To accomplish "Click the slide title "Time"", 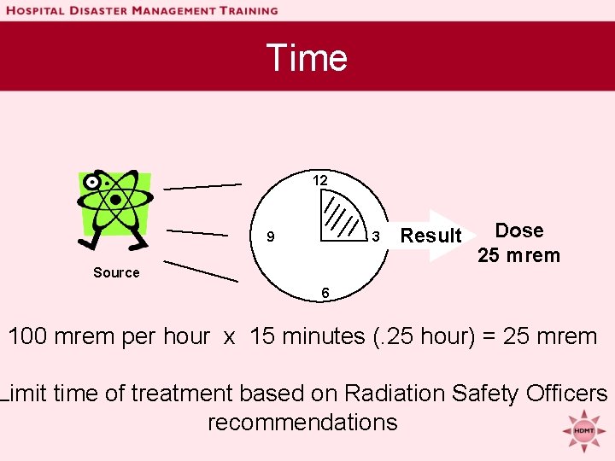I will point(307,58).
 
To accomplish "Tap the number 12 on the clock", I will point(319,181).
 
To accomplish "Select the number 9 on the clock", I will point(270,237).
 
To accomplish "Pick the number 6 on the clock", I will point(325,293).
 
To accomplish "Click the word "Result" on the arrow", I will point(430,236).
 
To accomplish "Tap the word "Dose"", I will point(519,230).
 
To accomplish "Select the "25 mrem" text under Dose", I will point(518,255).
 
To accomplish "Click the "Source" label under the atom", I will point(116,273).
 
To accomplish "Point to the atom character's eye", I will point(92,182).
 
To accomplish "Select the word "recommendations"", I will point(302,423).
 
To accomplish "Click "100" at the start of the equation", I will point(28,336).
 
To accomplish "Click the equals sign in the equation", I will point(489,336).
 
